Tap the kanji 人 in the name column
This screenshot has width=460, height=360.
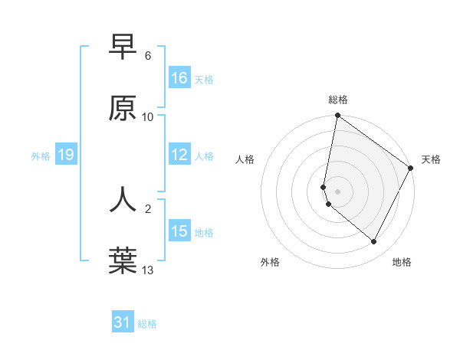123,198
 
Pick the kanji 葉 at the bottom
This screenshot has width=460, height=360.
123,260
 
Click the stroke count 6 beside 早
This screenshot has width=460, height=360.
148,56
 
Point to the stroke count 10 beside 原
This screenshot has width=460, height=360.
148,117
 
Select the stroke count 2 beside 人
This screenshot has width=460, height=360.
148,208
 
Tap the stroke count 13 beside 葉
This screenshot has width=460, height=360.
148,269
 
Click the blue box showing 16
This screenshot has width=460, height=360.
179,78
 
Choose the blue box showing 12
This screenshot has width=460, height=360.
179,155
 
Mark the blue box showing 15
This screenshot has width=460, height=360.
179,231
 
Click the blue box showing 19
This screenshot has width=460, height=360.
65,155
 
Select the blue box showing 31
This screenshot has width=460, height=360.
123,322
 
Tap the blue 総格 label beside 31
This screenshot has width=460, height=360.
147,324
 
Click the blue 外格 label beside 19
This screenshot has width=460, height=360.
41,156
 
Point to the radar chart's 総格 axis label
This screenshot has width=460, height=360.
338,100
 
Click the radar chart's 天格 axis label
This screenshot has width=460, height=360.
431,159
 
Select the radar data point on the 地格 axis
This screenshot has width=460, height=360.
374,242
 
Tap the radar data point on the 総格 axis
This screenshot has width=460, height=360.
337,116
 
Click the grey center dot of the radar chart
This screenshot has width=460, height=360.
337,191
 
